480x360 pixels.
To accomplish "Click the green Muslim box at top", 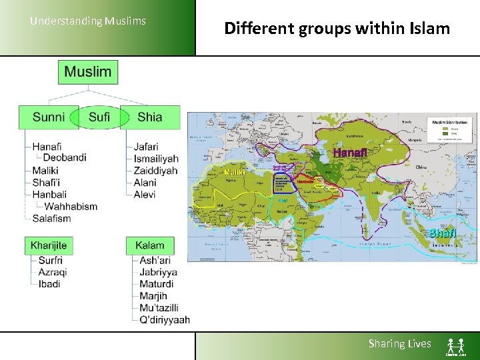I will pos(88,72).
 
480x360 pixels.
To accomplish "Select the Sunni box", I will pos(49,117).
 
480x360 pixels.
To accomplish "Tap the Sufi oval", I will pos(99,117).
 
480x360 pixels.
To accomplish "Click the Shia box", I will pos(150,117).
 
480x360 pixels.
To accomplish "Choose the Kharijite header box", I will pos(49,245).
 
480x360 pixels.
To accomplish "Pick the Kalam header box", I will pos(150,245).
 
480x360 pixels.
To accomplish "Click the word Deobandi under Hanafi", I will pos(65,158).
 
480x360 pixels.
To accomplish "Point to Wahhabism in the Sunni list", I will pos(71,206).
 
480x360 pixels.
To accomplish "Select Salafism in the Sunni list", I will pos(51,218).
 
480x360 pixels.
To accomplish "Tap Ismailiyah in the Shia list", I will pos(156,159).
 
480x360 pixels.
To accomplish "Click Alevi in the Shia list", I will pos(145,194).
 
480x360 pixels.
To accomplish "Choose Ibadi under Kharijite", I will pos(49,284).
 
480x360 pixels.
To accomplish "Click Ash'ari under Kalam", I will pos(155,260).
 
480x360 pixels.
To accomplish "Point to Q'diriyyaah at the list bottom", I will pos(164,319).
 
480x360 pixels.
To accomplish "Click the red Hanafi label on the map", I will pos(349,153).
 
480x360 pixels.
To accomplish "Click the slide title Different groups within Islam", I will pos(337,28).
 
